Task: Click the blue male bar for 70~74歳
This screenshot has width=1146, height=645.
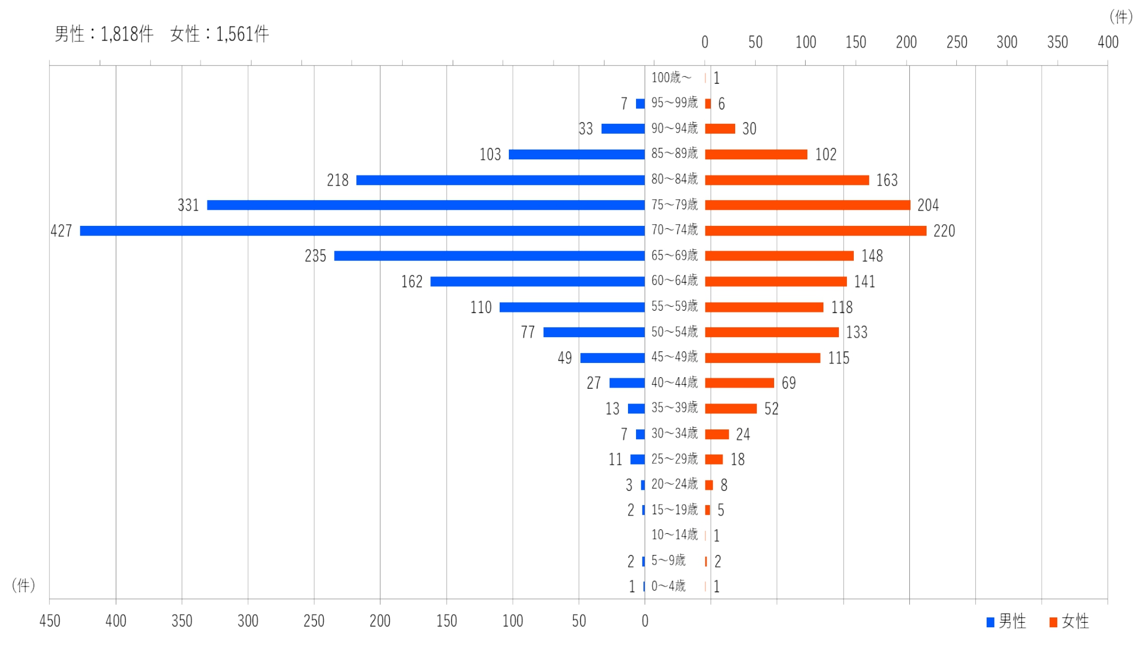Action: pos(362,230)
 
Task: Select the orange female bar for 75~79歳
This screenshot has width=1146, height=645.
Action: pos(807,205)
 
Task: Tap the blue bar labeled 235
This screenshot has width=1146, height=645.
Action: pos(489,256)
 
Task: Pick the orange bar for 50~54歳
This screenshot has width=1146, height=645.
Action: pos(771,332)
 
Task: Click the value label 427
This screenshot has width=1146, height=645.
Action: pos(61,230)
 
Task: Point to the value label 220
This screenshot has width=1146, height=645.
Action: pos(944,230)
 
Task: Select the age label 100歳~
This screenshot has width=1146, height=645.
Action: pos(671,77)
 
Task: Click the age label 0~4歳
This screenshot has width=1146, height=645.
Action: pos(668,586)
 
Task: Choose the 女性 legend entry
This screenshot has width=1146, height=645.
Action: pos(1069,621)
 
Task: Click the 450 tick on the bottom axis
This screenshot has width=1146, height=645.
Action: pos(50,621)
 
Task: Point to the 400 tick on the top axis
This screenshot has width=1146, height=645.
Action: pos(1108,42)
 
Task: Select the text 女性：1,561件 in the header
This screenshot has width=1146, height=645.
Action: pos(219,34)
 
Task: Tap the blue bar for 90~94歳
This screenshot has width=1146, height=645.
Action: pos(623,128)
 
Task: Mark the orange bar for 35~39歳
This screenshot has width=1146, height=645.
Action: pos(731,408)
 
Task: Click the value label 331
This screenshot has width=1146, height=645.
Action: pos(188,205)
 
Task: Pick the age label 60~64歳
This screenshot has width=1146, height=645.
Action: pos(674,281)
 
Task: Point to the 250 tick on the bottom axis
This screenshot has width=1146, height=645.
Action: pos(314,621)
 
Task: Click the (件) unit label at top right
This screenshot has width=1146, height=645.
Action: pos(1121,17)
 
